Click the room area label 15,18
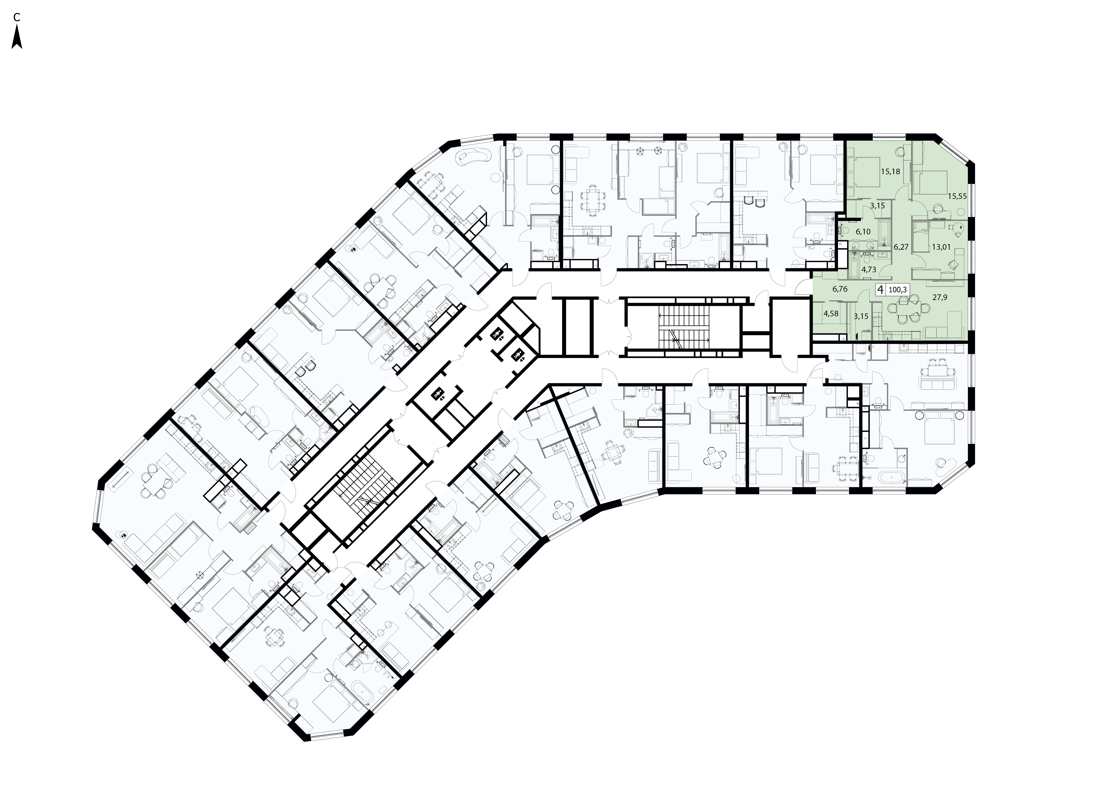[891, 172]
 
